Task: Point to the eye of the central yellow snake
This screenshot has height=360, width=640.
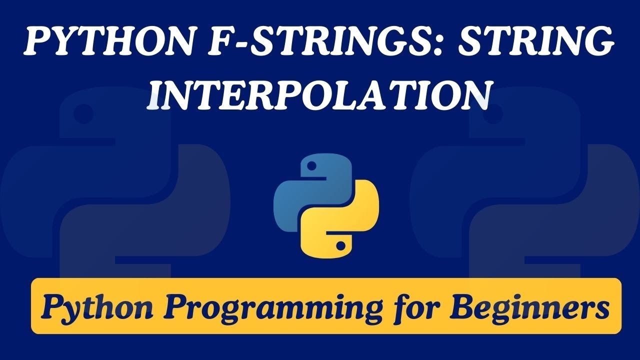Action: pos(340,245)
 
